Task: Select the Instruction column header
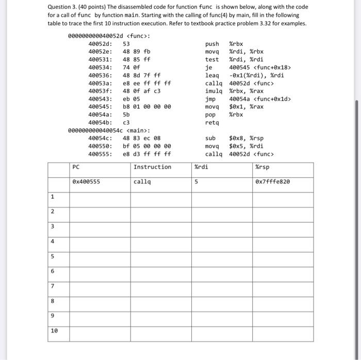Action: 152,167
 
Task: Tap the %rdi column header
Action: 201,167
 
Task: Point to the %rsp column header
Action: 262,167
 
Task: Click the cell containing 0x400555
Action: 86,182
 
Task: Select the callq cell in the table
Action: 142,182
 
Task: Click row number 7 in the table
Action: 53,286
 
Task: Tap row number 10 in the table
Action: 54,331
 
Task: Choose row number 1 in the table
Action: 53,197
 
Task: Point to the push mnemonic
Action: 212,44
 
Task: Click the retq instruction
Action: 212,123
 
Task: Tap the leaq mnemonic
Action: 212,75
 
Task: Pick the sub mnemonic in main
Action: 210,138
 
